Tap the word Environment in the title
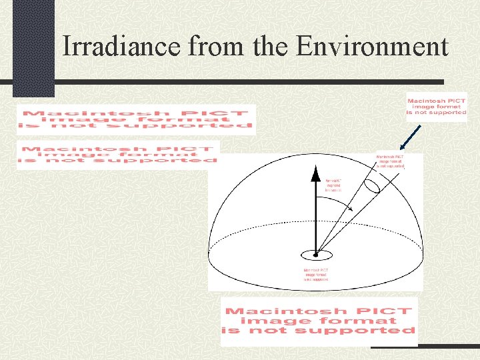click(371, 47)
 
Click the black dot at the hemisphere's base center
click(315, 254)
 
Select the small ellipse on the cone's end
click(373, 182)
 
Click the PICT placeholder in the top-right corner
click(437, 107)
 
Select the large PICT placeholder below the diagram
click(319, 321)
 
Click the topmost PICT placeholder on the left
click(136, 120)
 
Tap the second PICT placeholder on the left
click(117, 155)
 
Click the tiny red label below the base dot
click(315, 274)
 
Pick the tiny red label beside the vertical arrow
click(333, 185)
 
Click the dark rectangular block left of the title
click(33, 47)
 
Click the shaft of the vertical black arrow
click(315, 213)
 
